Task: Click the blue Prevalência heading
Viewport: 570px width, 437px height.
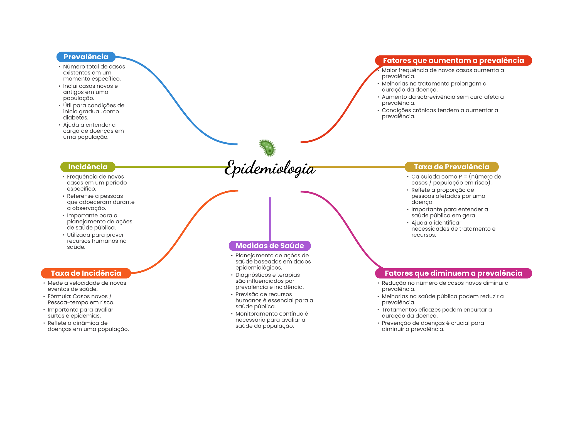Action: (86, 57)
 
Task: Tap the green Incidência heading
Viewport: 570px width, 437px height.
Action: (88, 167)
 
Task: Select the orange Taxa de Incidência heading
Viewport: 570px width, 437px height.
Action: (86, 273)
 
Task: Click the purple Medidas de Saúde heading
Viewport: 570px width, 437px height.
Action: (269, 246)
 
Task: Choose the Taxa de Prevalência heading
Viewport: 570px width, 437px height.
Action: (451, 167)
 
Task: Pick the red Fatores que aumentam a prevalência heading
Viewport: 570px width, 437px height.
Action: (453, 60)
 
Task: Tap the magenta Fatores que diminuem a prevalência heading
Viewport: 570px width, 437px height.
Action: (453, 273)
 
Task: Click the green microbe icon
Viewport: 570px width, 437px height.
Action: (267, 148)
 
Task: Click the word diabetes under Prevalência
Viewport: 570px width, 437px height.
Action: (75, 118)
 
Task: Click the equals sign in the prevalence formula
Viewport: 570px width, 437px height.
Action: (465, 177)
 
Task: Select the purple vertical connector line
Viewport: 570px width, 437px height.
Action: (270, 219)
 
